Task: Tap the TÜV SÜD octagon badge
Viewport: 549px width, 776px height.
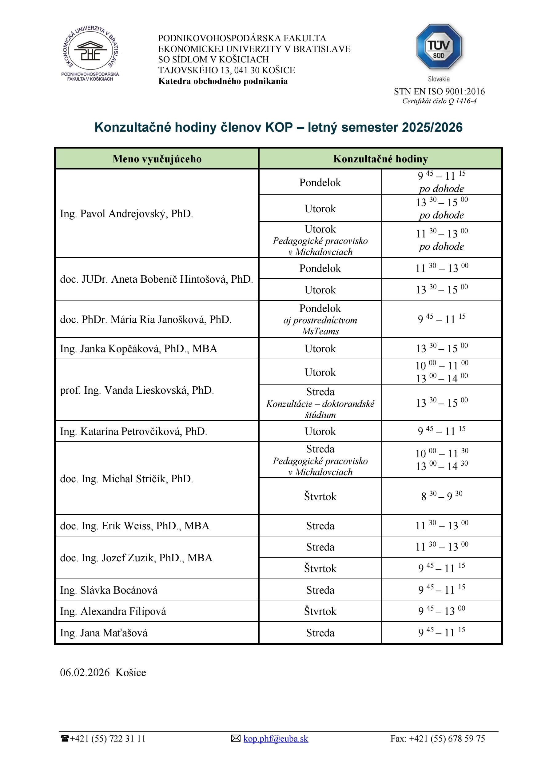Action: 439,47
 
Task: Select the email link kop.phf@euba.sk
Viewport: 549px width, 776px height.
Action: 276,738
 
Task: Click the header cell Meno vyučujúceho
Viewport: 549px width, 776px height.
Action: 157,159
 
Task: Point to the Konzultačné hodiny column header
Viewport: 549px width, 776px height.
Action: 380,159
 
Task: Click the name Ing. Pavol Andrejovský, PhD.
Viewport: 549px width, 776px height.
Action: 126,213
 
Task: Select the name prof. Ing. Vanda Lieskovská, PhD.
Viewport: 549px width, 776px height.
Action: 137,390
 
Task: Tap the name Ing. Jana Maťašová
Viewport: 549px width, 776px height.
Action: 104,633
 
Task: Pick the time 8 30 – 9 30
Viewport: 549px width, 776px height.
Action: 441,496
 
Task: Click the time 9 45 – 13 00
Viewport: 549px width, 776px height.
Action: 441,611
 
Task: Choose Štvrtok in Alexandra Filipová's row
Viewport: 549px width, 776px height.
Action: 320,611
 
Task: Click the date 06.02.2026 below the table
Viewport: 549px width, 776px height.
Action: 85,673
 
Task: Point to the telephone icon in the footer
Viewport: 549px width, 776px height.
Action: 65,738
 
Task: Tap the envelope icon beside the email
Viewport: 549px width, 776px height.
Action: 236,738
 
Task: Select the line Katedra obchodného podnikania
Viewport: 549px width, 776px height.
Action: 223,81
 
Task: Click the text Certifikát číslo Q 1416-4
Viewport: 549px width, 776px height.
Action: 439,101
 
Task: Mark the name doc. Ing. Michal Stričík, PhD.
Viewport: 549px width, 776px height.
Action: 126,479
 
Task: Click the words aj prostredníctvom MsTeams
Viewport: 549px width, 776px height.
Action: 320,325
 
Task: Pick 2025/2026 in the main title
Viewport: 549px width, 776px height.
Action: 432,127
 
